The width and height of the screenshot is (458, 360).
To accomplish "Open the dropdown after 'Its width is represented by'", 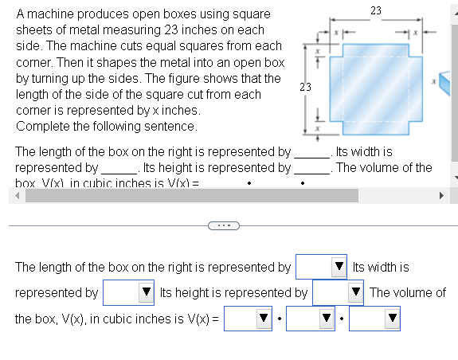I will coord(128,293).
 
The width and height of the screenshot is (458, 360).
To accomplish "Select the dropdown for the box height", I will coord(338,293).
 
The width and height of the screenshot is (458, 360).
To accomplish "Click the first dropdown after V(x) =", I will coord(249,319).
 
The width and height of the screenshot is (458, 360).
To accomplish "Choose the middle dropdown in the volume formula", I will coord(311,319).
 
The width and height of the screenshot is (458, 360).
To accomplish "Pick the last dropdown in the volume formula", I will coord(374,319).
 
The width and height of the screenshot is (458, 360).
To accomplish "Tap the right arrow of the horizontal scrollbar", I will coord(442,195).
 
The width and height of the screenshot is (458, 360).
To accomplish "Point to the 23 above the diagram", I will coord(376,9).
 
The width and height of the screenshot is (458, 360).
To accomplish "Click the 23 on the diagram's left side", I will coord(304,86).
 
